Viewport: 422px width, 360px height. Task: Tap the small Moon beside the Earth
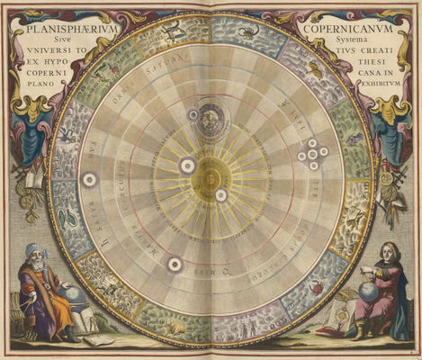pos(193,114)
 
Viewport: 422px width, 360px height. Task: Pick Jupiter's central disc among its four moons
pos(312,153)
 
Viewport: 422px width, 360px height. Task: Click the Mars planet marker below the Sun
pos(175,264)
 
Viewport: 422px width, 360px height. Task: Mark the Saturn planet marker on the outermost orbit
pos(89,179)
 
